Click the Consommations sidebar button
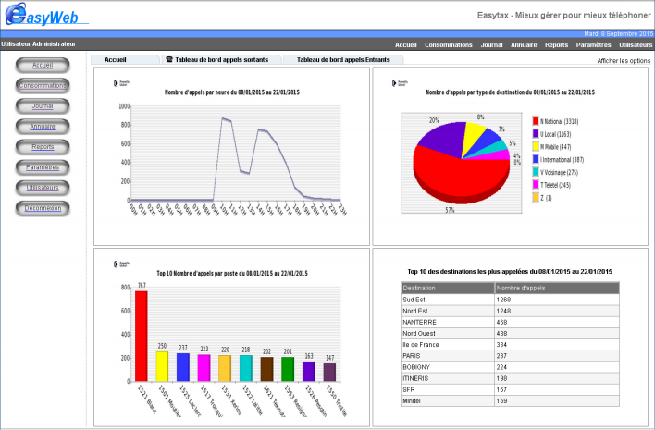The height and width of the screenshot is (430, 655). pos(43,86)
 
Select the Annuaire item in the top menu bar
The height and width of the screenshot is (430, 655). pos(524,44)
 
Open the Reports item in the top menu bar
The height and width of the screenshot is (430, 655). pos(556,44)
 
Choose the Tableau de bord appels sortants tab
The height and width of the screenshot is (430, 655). pos(216,59)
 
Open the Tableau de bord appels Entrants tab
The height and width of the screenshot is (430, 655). pos(343,59)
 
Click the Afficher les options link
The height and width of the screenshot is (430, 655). pos(624,60)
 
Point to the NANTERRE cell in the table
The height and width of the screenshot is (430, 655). pos(422,322)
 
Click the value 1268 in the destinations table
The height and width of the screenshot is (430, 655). pos(504,300)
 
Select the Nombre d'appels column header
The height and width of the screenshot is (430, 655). pos(523,289)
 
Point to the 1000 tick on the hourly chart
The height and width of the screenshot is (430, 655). pos(122,105)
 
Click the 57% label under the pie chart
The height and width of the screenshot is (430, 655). pos(449,210)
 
